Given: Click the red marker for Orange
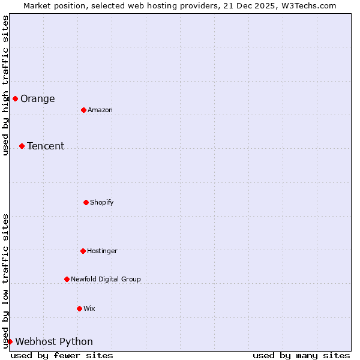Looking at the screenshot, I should [15, 98].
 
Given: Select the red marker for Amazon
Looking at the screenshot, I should [83, 110].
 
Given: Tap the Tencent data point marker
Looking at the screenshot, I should [22, 146].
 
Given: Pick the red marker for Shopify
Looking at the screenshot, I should [86, 202].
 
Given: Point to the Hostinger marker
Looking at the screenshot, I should [83, 251].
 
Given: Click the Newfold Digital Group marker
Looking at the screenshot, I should [67, 279].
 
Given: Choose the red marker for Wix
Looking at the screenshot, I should [79, 308].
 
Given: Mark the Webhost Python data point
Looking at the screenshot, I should [10, 341].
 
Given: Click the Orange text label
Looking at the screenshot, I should [37, 99].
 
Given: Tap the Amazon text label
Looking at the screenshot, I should [100, 110].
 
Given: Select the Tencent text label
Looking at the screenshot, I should [46, 146].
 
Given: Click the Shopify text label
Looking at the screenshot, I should [102, 203].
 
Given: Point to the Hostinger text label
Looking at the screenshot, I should [102, 251].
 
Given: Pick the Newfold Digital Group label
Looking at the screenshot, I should [106, 280].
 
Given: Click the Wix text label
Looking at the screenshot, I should [89, 309].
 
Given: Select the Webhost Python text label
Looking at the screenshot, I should [54, 342].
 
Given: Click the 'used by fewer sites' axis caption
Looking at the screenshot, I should [62, 355].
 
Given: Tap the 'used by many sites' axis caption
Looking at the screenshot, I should [301, 355].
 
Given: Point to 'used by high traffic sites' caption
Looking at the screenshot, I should [5, 86].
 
